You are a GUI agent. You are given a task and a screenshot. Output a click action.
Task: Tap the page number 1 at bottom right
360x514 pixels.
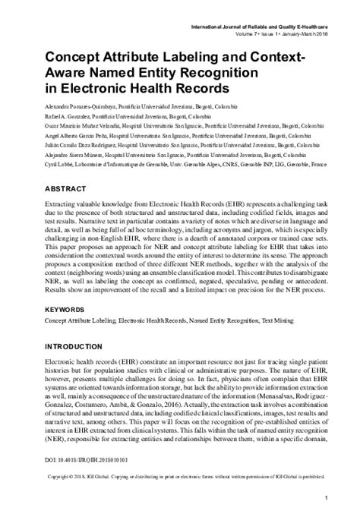325,497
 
